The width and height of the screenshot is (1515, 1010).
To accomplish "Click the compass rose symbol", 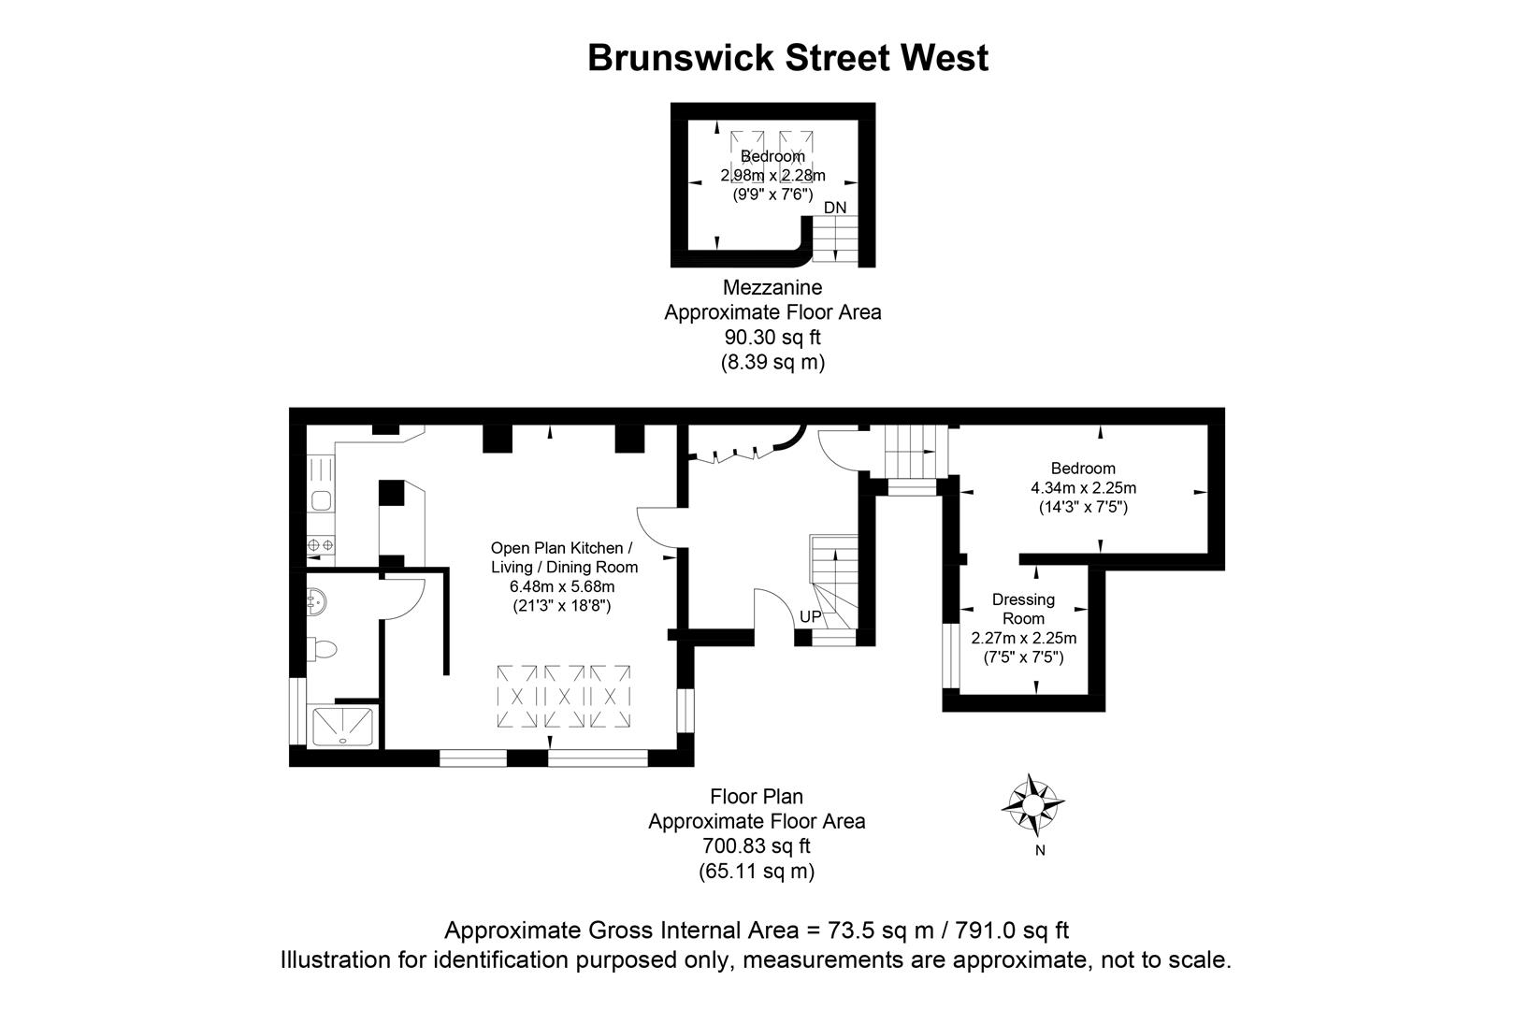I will (x=1032, y=804).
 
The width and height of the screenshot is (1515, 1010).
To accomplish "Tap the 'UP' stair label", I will (x=810, y=617).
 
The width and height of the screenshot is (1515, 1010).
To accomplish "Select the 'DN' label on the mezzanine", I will (x=835, y=207).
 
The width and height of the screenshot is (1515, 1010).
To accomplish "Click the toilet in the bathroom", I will (x=322, y=648).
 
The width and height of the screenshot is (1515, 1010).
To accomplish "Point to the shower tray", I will (x=343, y=727).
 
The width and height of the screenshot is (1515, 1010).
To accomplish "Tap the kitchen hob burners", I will (x=321, y=545).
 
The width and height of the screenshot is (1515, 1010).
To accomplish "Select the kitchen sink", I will (x=321, y=500).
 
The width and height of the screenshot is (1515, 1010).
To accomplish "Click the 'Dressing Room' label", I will (x=1023, y=609).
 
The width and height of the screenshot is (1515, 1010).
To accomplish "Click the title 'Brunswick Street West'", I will (x=787, y=58).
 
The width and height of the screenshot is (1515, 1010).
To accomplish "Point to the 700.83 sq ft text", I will (x=757, y=846).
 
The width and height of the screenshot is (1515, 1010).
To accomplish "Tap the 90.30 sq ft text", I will (x=772, y=337).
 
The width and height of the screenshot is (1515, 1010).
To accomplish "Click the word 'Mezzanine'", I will (x=772, y=287).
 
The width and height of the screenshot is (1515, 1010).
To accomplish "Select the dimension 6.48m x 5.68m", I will (x=562, y=586).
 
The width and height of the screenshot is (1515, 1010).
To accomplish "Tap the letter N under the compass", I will (x=1040, y=851).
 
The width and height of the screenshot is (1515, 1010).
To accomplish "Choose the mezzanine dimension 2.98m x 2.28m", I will (x=772, y=176).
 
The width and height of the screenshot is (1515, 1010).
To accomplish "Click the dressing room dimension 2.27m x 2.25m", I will (x=1023, y=639).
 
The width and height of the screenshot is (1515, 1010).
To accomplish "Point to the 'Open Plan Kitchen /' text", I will (x=562, y=548).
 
